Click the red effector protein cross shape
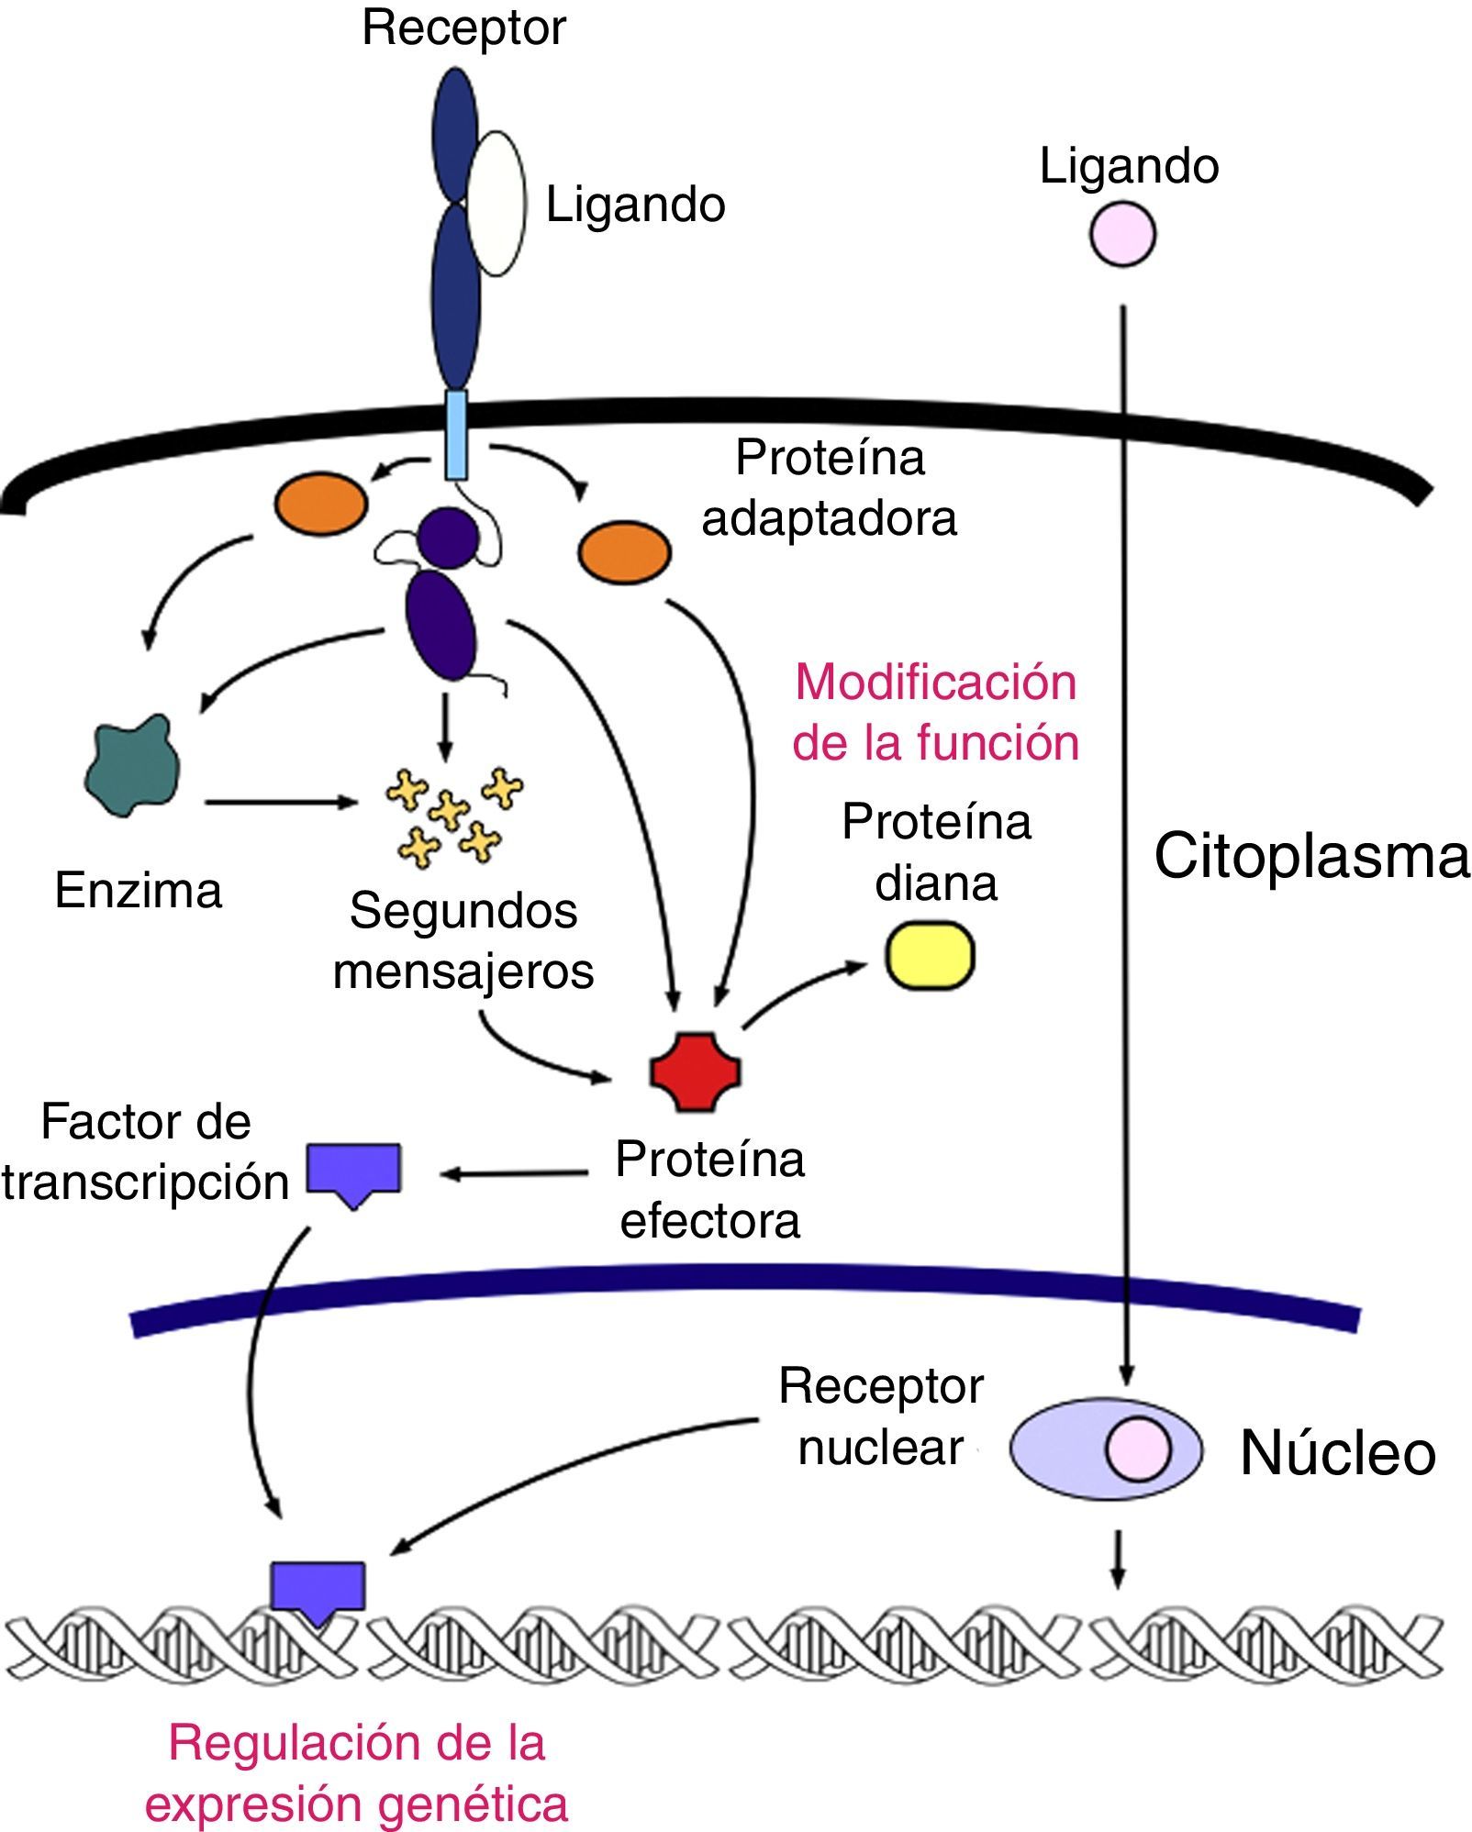pyautogui.click(x=696, y=1072)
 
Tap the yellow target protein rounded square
pyautogui.click(x=929, y=957)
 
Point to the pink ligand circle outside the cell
pyautogui.click(x=1122, y=235)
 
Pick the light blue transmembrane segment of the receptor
pyautogui.click(x=456, y=434)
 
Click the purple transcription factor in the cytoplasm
pyautogui.click(x=353, y=1172)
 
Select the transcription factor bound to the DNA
pyautogui.click(x=318, y=1591)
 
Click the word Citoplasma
pyautogui.click(x=1310, y=856)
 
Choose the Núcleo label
pyautogui.click(x=1337, y=1453)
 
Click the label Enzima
pyautogui.click(x=139, y=890)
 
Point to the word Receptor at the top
pyautogui.click(x=463, y=28)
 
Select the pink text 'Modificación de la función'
pyautogui.click(x=935, y=712)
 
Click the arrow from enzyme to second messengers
pyautogui.click(x=280, y=803)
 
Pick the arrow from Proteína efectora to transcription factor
pyautogui.click(x=514, y=1173)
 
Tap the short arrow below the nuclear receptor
pyautogui.click(x=1117, y=1559)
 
